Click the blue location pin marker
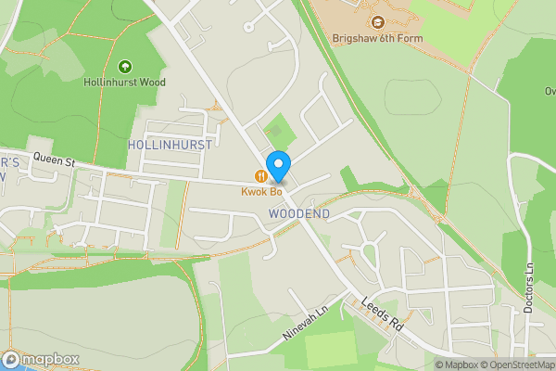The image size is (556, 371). click(x=277, y=165)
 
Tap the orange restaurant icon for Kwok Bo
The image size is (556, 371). click(x=262, y=176)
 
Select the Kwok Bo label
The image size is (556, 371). click(x=262, y=192)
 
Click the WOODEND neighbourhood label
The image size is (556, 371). click(x=299, y=213)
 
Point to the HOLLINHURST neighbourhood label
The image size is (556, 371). click(x=170, y=145)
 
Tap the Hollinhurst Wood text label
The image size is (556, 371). click(x=126, y=82)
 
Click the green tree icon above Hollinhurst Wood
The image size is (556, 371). click(x=126, y=66)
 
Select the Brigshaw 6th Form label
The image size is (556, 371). click(x=376, y=38)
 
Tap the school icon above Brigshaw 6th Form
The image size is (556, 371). click(x=377, y=22)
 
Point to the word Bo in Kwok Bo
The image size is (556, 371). click(x=274, y=192)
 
